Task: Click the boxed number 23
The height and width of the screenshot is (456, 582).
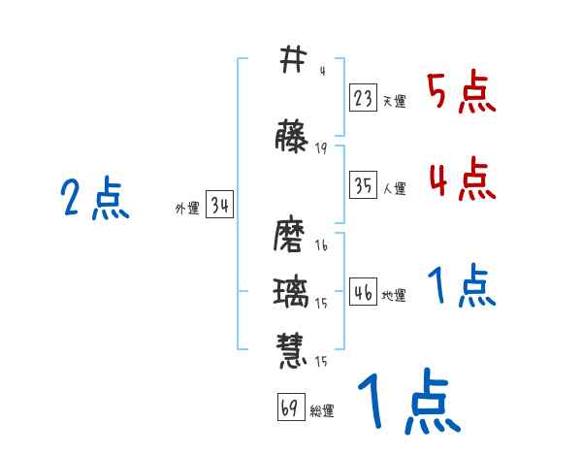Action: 364,97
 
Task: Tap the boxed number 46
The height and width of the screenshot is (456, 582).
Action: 364,292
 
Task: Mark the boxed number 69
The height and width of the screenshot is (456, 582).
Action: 289,407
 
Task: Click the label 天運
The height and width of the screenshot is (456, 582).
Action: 394,101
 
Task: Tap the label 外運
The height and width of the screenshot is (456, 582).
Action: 187,209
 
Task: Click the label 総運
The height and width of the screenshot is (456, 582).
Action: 321,411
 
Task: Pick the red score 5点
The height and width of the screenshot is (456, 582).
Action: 461,94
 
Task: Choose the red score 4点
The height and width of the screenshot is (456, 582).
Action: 461,179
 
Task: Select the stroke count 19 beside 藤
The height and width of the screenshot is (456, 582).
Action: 321,148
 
